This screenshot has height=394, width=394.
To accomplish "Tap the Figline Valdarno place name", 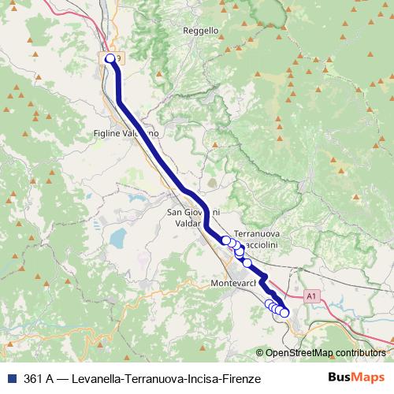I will [126, 133].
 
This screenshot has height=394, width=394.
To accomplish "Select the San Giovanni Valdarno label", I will [193, 217].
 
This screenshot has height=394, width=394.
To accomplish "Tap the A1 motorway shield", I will [312, 295].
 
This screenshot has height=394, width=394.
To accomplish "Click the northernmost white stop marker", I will [110, 58].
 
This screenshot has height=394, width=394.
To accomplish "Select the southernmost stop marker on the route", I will [284, 313].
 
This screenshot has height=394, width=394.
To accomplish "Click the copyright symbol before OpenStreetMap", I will [260, 352].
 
